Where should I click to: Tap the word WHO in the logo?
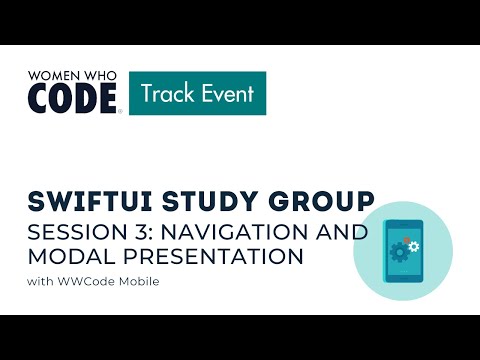100,76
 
